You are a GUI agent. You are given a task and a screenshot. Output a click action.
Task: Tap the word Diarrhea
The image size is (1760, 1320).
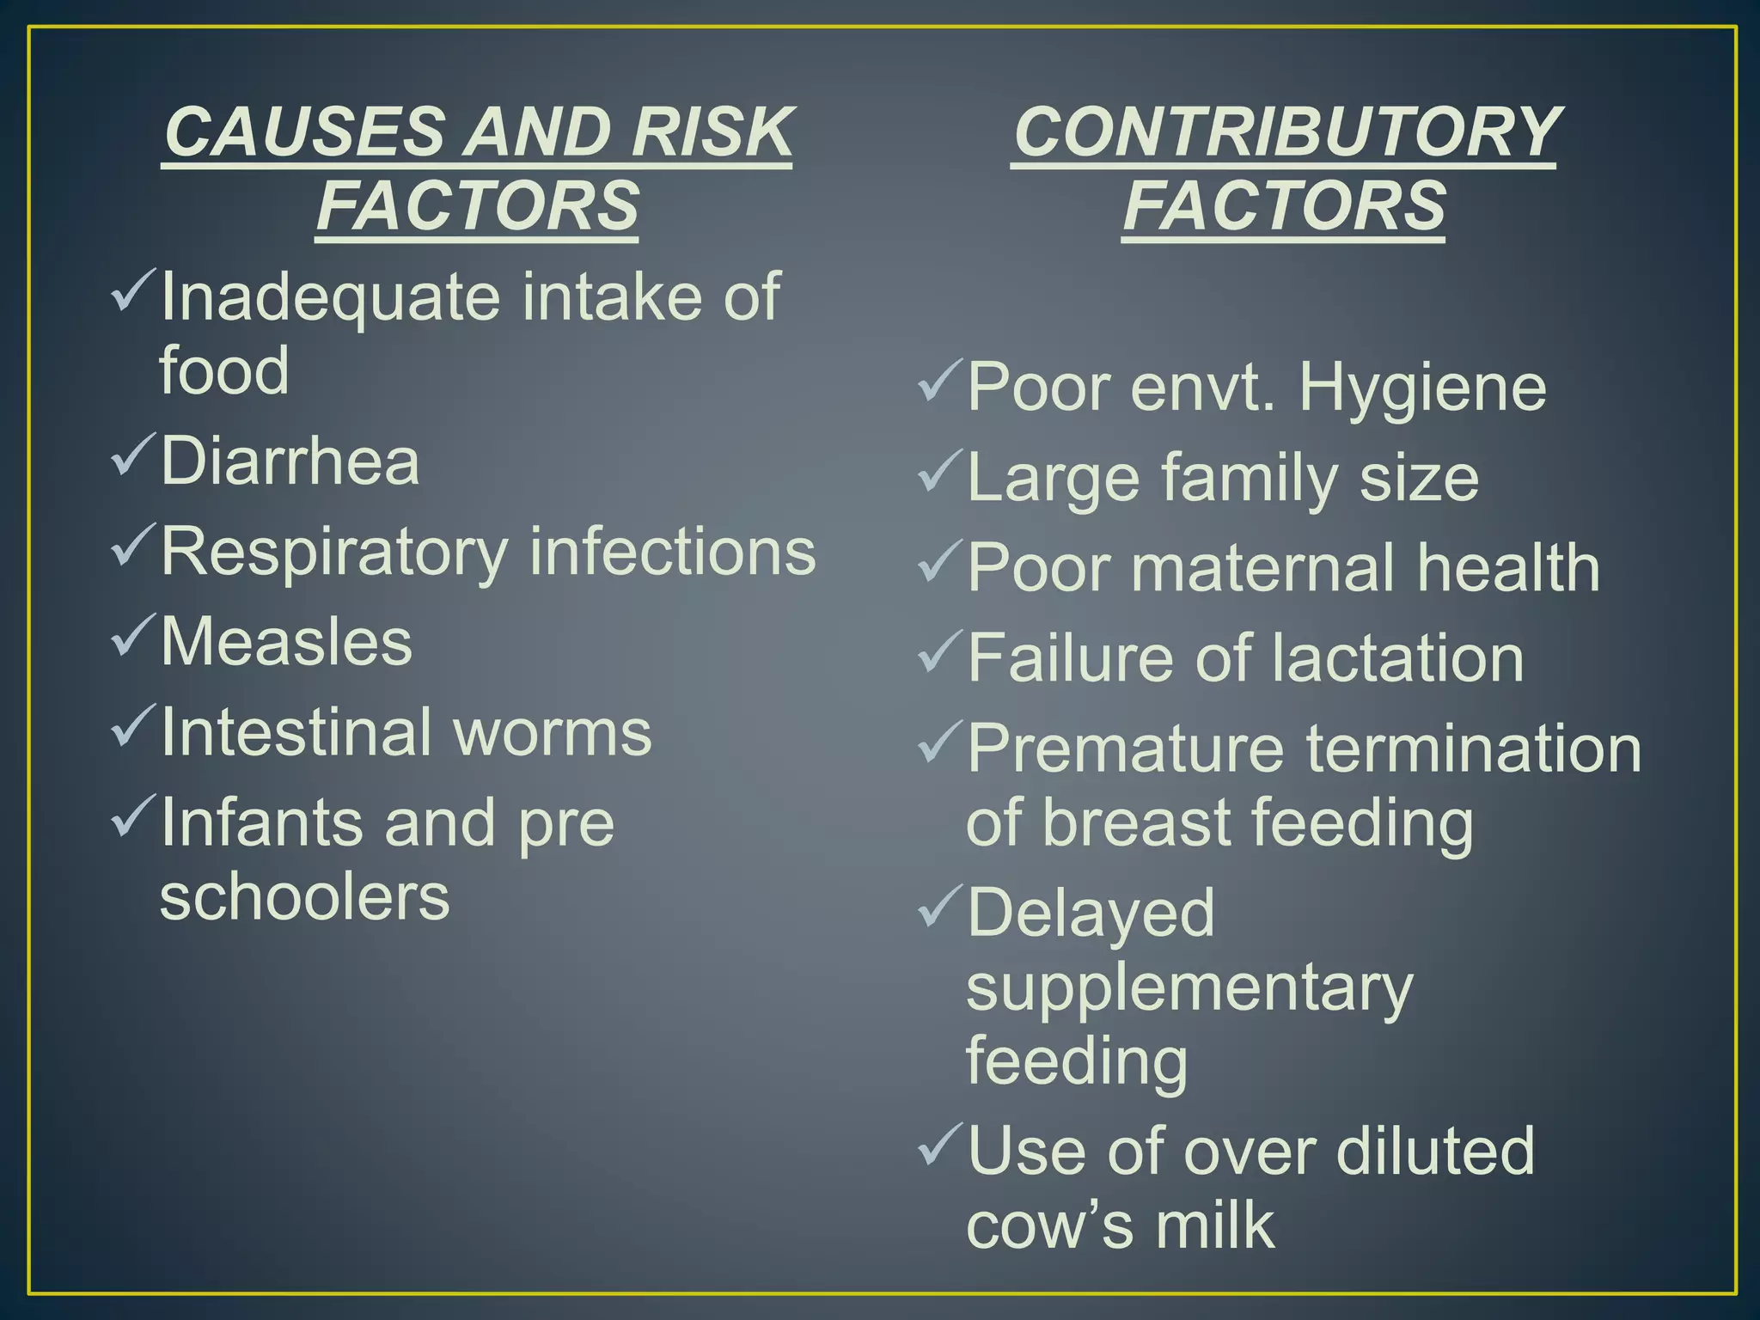click(290, 461)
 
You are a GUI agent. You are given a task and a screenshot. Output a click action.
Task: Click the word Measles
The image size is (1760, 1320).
click(286, 641)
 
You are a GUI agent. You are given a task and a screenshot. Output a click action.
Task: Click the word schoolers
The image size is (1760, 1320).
click(304, 896)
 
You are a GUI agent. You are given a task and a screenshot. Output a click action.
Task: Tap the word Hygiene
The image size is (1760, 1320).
click(1422, 388)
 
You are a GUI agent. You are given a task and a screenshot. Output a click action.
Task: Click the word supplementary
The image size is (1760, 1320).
click(1189, 989)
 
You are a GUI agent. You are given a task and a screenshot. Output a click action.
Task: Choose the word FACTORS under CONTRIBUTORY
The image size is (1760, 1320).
click(1284, 206)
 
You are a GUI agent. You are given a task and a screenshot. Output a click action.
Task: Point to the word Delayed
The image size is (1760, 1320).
click(1091, 913)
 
